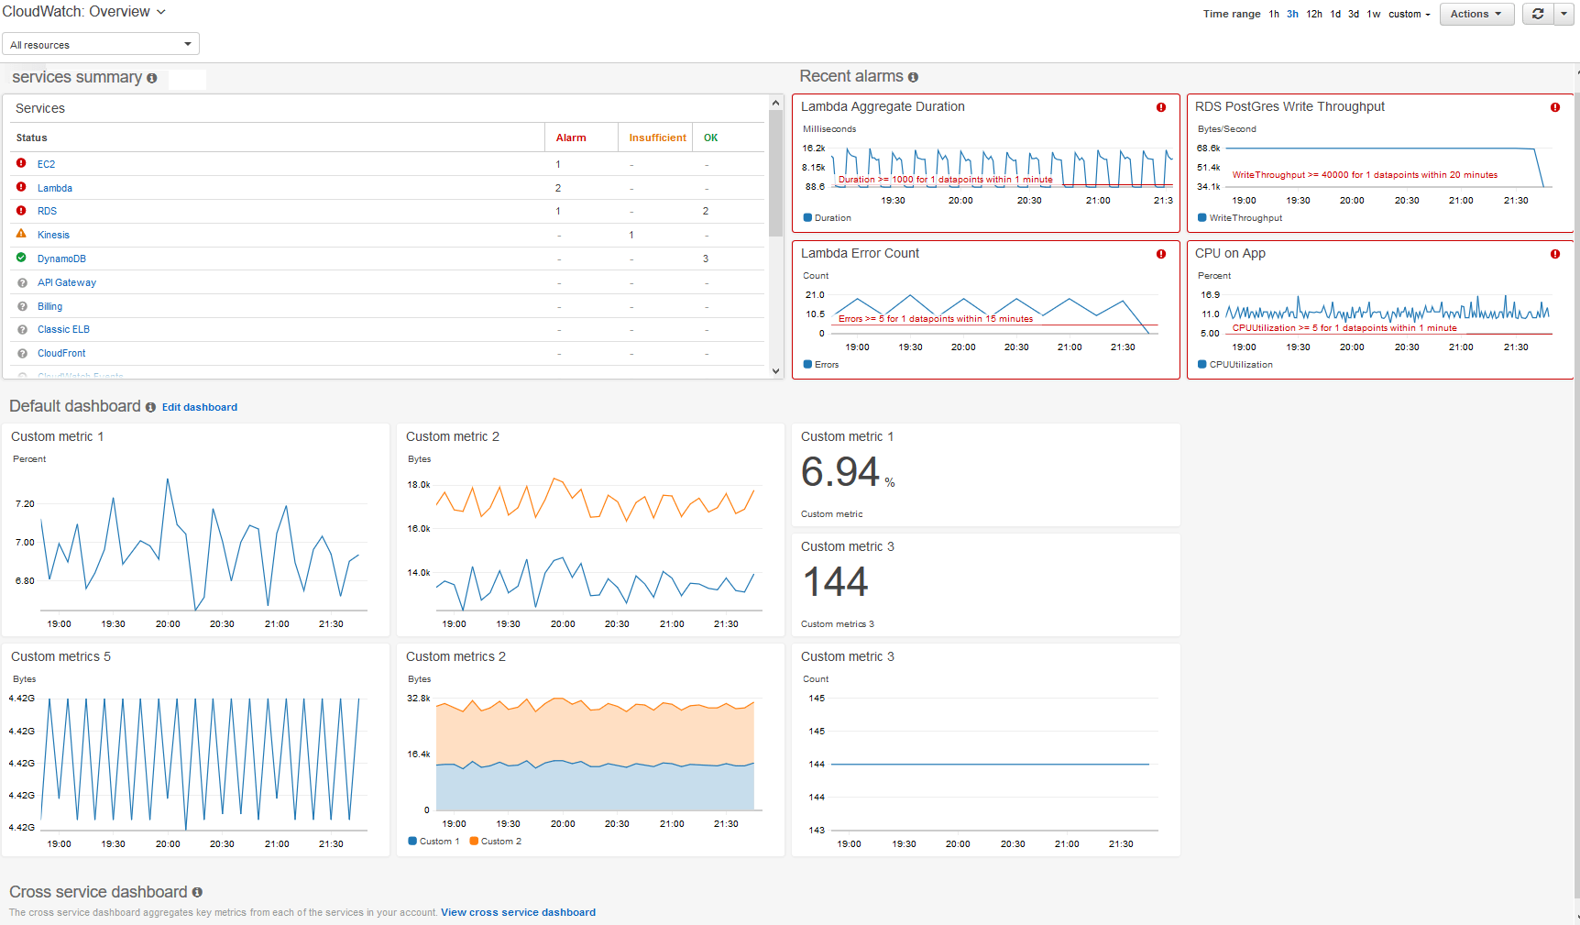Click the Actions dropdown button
pyautogui.click(x=1476, y=14)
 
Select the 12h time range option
pyautogui.click(x=1314, y=14)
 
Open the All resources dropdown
pyautogui.click(x=101, y=44)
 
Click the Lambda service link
pyautogui.click(x=54, y=188)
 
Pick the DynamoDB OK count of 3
pyautogui.click(x=705, y=259)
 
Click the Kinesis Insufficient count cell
pyautogui.click(x=631, y=235)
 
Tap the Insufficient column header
pyautogui.click(x=657, y=138)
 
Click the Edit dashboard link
pyautogui.click(x=199, y=407)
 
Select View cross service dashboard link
pyautogui.click(x=518, y=912)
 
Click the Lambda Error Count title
pyautogui.click(x=859, y=253)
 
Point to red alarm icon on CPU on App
pyautogui.click(x=1554, y=254)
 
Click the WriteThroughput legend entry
pyautogui.click(x=1244, y=218)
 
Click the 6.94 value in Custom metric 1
pyautogui.click(x=839, y=472)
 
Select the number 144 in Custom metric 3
pyautogui.click(x=835, y=582)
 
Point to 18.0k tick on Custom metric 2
pyautogui.click(x=419, y=485)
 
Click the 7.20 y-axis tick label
pyautogui.click(x=25, y=504)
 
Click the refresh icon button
pyautogui.click(x=1537, y=14)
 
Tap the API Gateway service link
pyautogui.click(x=66, y=282)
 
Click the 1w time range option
pyautogui.click(x=1373, y=14)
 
